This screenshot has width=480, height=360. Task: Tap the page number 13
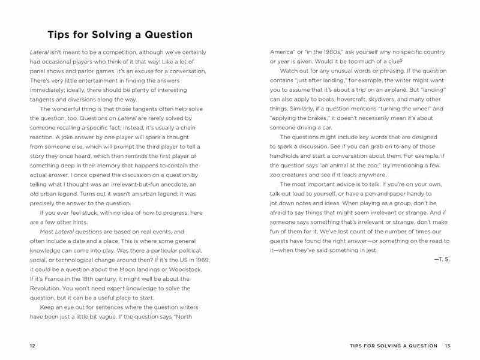pyautogui.click(x=448, y=346)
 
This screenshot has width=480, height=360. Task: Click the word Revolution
pyautogui.click(x=47, y=289)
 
